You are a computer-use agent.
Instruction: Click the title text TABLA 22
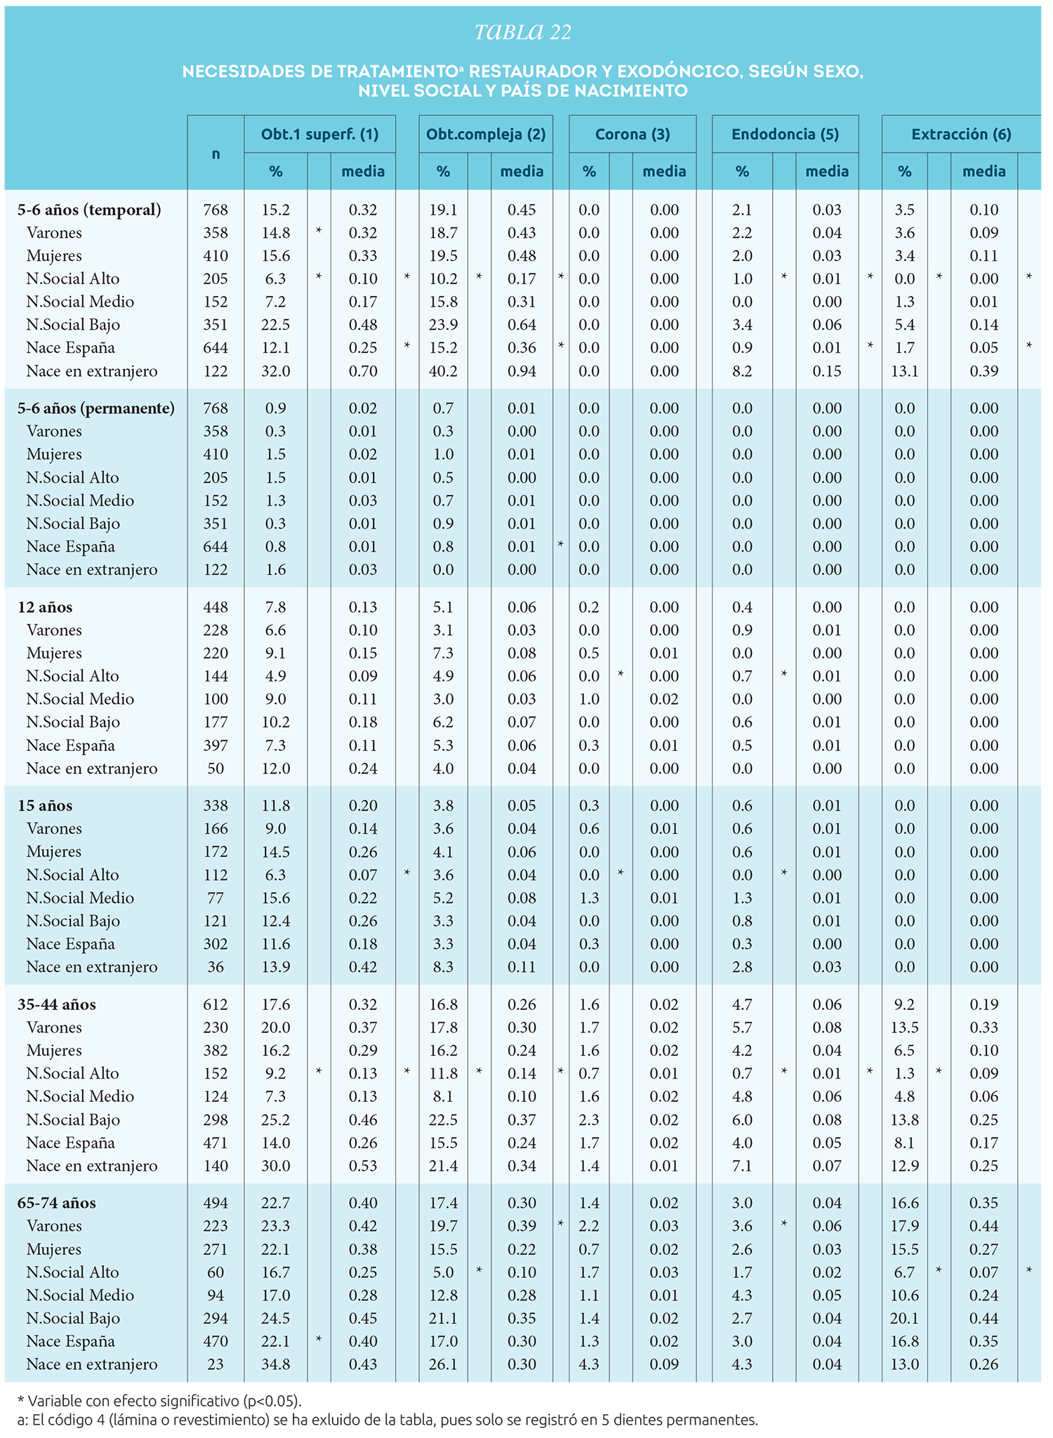(523, 32)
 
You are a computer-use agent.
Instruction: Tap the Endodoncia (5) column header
(785, 134)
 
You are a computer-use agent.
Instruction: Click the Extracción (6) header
(961, 134)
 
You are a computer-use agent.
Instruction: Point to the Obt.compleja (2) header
(486, 134)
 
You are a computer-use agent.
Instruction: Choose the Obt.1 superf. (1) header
(319, 134)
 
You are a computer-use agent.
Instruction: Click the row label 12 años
(45, 607)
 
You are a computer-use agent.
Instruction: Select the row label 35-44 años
(57, 1004)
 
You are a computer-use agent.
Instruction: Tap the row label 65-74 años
(57, 1203)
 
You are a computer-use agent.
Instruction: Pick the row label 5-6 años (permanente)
(96, 408)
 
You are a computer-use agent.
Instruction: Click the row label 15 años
(45, 806)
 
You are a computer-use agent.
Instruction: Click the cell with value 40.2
(443, 371)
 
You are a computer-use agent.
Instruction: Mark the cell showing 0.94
(522, 371)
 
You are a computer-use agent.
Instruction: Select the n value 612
(216, 1004)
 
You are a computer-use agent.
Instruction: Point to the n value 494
(216, 1203)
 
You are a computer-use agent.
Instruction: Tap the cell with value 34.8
(275, 1364)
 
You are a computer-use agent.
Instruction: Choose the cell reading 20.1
(904, 1318)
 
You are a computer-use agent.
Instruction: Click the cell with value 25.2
(275, 1119)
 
